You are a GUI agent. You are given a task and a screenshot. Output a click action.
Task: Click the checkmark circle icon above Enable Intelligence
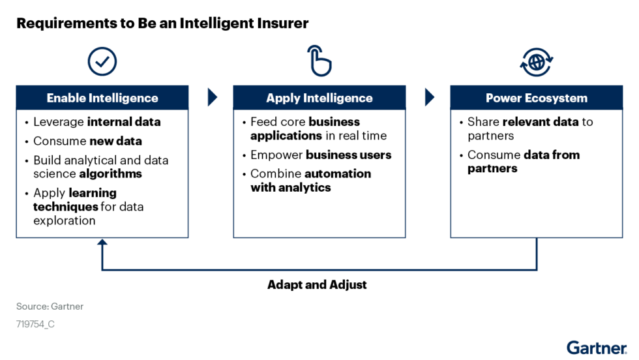[102, 62]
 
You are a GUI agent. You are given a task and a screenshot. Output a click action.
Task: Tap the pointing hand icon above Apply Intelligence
[319, 62]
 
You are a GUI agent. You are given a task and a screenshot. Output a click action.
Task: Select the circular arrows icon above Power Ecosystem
[537, 62]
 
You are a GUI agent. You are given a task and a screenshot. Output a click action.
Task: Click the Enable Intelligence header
[102, 98]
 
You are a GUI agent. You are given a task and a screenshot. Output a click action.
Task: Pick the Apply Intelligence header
[319, 98]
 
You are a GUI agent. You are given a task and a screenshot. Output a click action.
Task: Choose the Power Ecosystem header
[537, 98]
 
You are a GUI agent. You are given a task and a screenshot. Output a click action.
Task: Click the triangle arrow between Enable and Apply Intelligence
[212, 97]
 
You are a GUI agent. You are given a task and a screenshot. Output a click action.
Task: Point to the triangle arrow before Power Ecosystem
[429, 97]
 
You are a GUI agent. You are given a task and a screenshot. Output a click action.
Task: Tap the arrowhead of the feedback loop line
[102, 243]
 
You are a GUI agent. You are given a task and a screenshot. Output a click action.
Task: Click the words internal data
[124, 122]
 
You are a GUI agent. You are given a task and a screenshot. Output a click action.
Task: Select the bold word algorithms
[110, 174]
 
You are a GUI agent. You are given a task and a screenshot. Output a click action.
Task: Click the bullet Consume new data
[87, 141]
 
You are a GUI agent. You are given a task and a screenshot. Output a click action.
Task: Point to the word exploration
[65, 220]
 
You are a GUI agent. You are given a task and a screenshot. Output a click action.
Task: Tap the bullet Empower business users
[321, 155]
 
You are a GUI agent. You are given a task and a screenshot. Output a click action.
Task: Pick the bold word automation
[338, 173]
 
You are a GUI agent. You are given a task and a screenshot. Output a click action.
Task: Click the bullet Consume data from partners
[523, 161]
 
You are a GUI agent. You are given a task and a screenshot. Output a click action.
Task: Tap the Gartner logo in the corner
[597, 348]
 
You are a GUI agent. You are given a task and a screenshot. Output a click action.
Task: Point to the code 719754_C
[35, 324]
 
